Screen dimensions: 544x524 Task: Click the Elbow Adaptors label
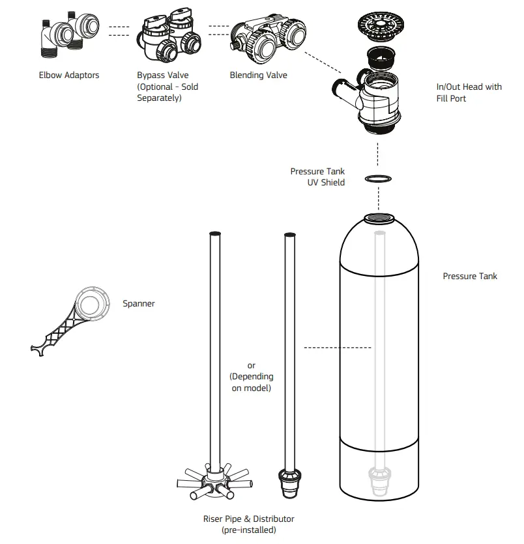click(69, 75)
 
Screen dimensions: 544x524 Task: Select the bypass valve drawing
click(166, 38)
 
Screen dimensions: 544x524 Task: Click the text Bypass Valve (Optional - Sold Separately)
click(167, 87)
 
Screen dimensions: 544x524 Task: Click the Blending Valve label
click(258, 75)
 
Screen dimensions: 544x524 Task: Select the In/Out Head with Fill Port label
click(469, 92)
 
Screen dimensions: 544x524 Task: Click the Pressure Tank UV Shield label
click(317, 177)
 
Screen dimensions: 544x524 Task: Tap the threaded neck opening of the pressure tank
click(377, 219)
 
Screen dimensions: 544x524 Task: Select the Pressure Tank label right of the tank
click(469, 277)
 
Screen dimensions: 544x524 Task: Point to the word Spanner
click(139, 304)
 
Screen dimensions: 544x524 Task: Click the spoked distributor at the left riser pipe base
click(213, 482)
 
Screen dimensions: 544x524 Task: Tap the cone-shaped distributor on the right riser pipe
click(287, 485)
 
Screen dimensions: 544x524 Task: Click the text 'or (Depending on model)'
click(251, 377)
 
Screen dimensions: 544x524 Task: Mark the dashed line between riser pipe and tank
click(337, 348)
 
